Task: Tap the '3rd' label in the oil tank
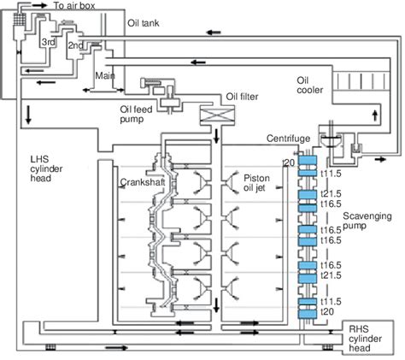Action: click(50, 42)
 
